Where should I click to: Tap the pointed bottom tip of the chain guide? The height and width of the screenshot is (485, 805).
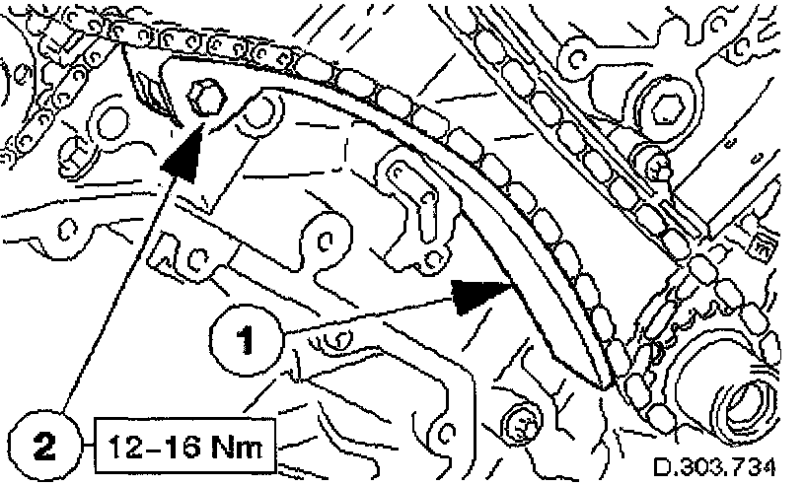tap(604, 382)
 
